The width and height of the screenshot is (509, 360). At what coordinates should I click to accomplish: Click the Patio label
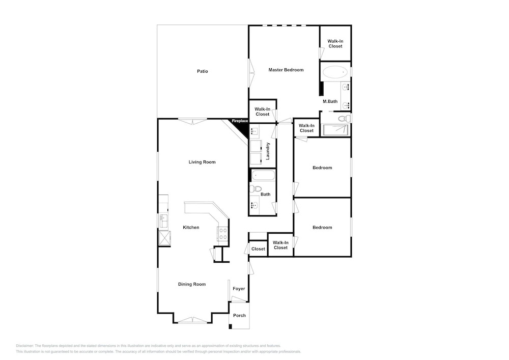pos(202,71)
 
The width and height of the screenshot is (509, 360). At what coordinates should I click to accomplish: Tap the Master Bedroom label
pos(286,70)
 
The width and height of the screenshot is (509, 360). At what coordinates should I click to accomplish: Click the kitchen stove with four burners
pos(223,233)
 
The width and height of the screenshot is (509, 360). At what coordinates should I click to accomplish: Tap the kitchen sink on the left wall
pos(163,221)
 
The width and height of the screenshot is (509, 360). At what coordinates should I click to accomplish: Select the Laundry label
pos(268,151)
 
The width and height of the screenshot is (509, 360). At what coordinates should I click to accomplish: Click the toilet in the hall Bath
pos(256,188)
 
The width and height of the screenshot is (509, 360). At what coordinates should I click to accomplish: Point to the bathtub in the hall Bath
pos(263,176)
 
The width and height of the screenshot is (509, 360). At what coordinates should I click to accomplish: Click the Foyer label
pos(239,289)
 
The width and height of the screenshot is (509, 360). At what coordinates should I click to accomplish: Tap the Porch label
pos(240,315)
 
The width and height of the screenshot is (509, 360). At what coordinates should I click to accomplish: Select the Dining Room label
pos(192,284)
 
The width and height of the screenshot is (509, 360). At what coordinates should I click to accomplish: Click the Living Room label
pos(202,162)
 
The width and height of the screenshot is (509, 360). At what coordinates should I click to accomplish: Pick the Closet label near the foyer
pos(258,249)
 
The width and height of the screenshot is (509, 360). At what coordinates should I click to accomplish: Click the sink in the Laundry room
pos(255,132)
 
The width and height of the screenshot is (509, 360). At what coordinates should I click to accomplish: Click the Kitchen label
pos(191,227)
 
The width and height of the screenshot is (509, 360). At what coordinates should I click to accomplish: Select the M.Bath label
pos(330,101)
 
